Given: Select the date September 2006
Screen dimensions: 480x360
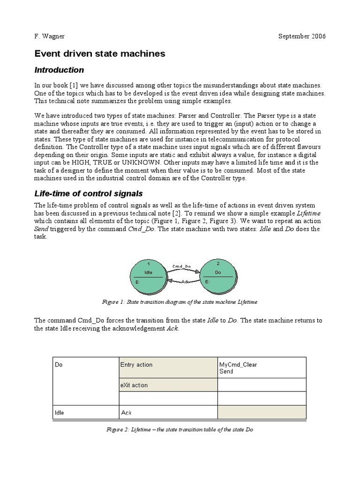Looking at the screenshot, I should click(302, 37).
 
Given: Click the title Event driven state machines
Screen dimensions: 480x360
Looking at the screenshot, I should click(100, 54).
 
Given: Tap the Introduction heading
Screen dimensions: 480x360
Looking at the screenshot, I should click(59, 70).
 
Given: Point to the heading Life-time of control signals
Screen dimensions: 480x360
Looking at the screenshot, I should click(89, 194).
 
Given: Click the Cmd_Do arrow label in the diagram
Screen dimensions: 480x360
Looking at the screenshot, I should click(181, 266).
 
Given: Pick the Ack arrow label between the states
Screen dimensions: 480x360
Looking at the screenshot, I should click(185, 281).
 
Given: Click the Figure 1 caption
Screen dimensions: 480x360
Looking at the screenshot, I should click(180, 302).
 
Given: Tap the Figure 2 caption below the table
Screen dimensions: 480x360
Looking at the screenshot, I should click(180, 429).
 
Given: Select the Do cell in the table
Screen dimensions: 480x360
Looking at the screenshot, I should click(59, 364).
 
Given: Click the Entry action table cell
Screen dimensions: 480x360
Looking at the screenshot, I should click(136, 364).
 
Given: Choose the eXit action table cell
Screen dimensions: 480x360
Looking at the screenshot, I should click(134, 385).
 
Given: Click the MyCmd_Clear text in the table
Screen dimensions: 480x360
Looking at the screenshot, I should click(238, 364).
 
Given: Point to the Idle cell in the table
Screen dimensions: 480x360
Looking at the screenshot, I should click(60, 413).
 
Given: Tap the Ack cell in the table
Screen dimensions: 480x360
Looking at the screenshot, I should click(126, 413).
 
